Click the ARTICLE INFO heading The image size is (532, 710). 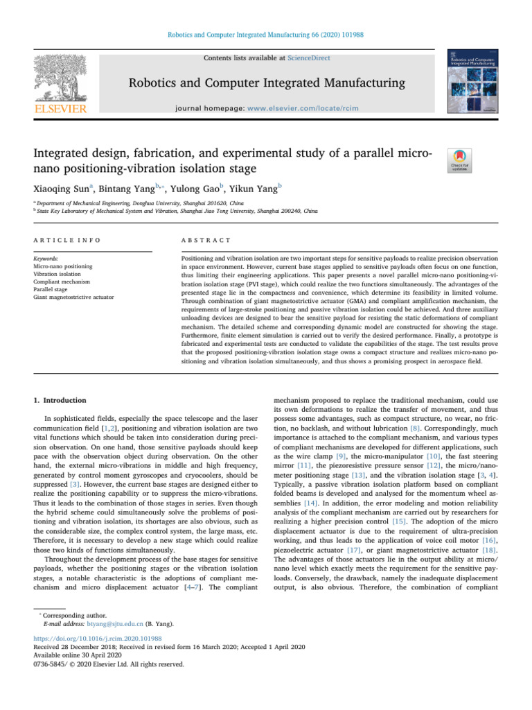[x=67, y=239]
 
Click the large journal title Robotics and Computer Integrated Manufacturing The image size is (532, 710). [x=265, y=84]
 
